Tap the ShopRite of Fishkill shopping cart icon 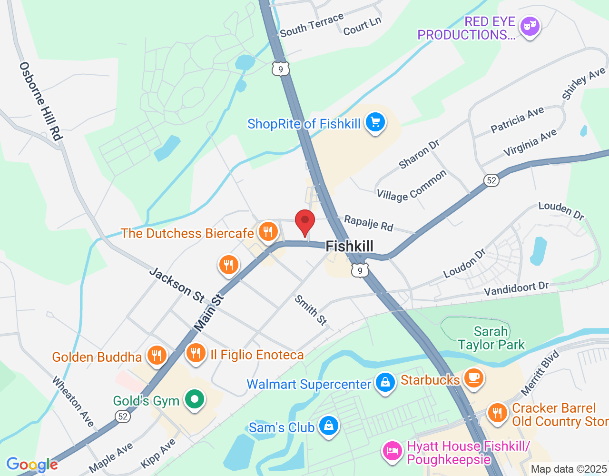point(375,123)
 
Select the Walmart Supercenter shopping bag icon point(385,383)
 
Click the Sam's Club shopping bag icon point(329,426)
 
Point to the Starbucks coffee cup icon point(473,378)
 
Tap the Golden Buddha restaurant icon point(157,356)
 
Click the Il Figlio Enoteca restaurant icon point(196,353)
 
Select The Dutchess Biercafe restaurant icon point(268,232)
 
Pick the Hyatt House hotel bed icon point(393,451)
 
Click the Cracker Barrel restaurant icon point(498,413)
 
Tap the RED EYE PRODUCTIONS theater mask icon point(530,26)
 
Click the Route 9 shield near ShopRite point(281,69)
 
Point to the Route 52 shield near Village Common point(491,180)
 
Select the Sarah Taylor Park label point(491,338)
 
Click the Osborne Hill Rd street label point(41,101)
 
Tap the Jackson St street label point(177,285)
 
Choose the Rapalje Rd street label point(369,223)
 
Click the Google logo point(32,464)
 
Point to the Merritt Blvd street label point(540,373)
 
